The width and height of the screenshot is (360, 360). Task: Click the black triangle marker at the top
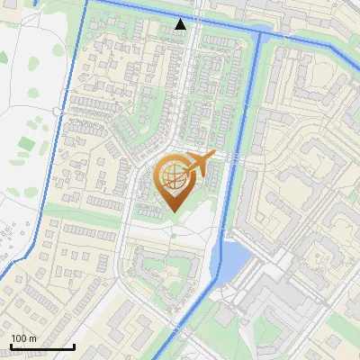pyautogui.click(x=181, y=24)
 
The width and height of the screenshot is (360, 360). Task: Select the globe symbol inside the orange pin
pyautogui.click(x=171, y=178)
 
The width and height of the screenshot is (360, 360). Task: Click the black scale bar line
pyautogui.click(x=42, y=346)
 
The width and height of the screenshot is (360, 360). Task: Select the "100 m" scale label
pyautogui.click(x=23, y=338)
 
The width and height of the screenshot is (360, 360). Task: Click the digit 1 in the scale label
pyautogui.click(x=13, y=338)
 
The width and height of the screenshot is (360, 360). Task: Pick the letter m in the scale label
pyautogui.click(x=32, y=338)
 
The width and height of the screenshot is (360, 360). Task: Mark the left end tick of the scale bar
pyautogui.click(x=11, y=345)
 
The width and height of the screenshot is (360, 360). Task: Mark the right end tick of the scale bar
pyautogui.click(x=74, y=345)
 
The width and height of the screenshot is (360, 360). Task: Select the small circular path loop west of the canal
pyautogui.click(x=56, y=110)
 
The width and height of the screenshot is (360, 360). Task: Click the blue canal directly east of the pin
pyautogui.click(x=236, y=184)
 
